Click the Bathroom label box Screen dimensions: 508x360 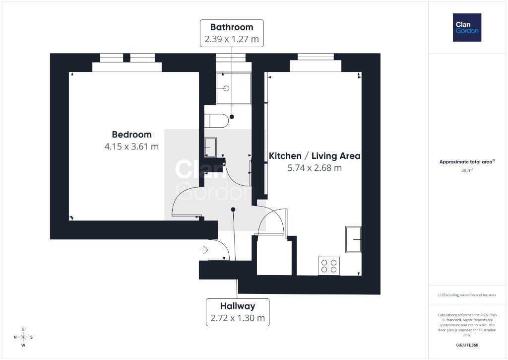pyautogui.click(x=232, y=33)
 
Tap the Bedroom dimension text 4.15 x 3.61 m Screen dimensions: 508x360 pyautogui.click(x=131, y=146)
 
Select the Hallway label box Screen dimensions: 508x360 pyautogui.click(x=238, y=312)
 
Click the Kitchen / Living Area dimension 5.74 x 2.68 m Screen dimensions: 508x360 pyautogui.click(x=315, y=168)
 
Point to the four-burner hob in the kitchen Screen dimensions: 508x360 pyautogui.click(x=329, y=266)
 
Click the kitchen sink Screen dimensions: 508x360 pyautogui.click(x=353, y=239)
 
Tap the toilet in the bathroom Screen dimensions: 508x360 pyautogui.click(x=216, y=121)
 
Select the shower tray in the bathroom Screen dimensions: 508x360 pyautogui.click(x=234, y=88)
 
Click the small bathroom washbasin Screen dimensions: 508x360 pyautogui.click(x=210, y=147)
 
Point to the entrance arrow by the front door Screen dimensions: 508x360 pyautogui.click(x=204, y=250)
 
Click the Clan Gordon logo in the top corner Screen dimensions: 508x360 pyautogui.click(x=467, y=28)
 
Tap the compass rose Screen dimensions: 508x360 pyautogui.click(x=23, y=337)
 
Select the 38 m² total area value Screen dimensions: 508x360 pyautogui.click(x=467, y=170)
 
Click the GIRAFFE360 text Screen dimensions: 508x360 pyautogui.click(x=467, y=345)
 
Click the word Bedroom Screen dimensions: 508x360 pyautogui.click(x=131, y=135)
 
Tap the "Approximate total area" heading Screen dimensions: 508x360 pyautogui.click(x=467, y=161)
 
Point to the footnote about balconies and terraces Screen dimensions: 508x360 pyautogui.click(x=467, y=295)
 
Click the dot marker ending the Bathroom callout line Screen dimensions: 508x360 pyautogui.click(x=232, y=117)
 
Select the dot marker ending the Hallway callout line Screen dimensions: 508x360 pyautogui.click(x=233, y=210)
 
